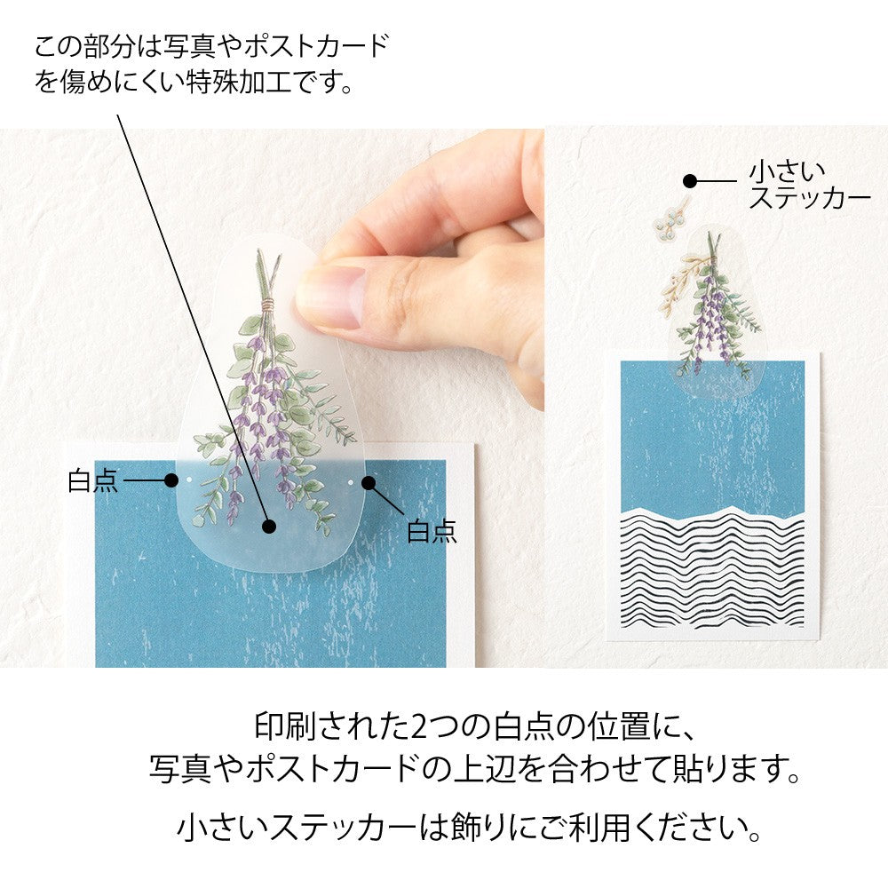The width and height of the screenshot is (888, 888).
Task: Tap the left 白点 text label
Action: pyautogui.click(x=92, y=480)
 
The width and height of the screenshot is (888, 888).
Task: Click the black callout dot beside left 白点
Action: pyautogui.click(x=171, y=480)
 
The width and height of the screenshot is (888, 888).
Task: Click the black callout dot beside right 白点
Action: pyautogui.click(x=369, y=484)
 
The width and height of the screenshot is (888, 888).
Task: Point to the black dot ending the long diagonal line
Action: pyautogui.click(x=269, y=527)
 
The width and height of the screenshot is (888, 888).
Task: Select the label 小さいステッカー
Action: pyautogui.click(x=808, y=183)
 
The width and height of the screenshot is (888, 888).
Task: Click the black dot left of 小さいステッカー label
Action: pyautogui.click(x=689, y=180)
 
